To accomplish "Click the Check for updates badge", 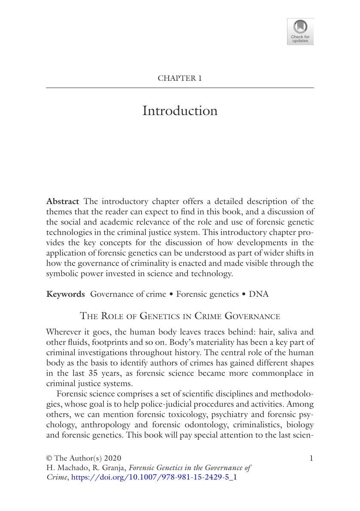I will pyautogui.click(x=300, y=31).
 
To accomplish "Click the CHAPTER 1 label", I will pyautogui.click(x=180, y=78).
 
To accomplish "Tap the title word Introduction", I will pyautogui.click(x=180, y=111).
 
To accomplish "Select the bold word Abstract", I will pyautogui.click(x=63, y=201).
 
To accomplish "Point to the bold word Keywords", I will pyautogui.click(x=66, y=294).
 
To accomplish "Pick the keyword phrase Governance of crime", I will pyautogui.click(x=128, y=294).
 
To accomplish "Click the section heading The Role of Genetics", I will pyautogui.click(x=180, y=316).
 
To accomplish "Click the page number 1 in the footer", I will pyautogui.click(x=311, y=458).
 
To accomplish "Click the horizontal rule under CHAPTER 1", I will pyautogui.click(x=180, y=88).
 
